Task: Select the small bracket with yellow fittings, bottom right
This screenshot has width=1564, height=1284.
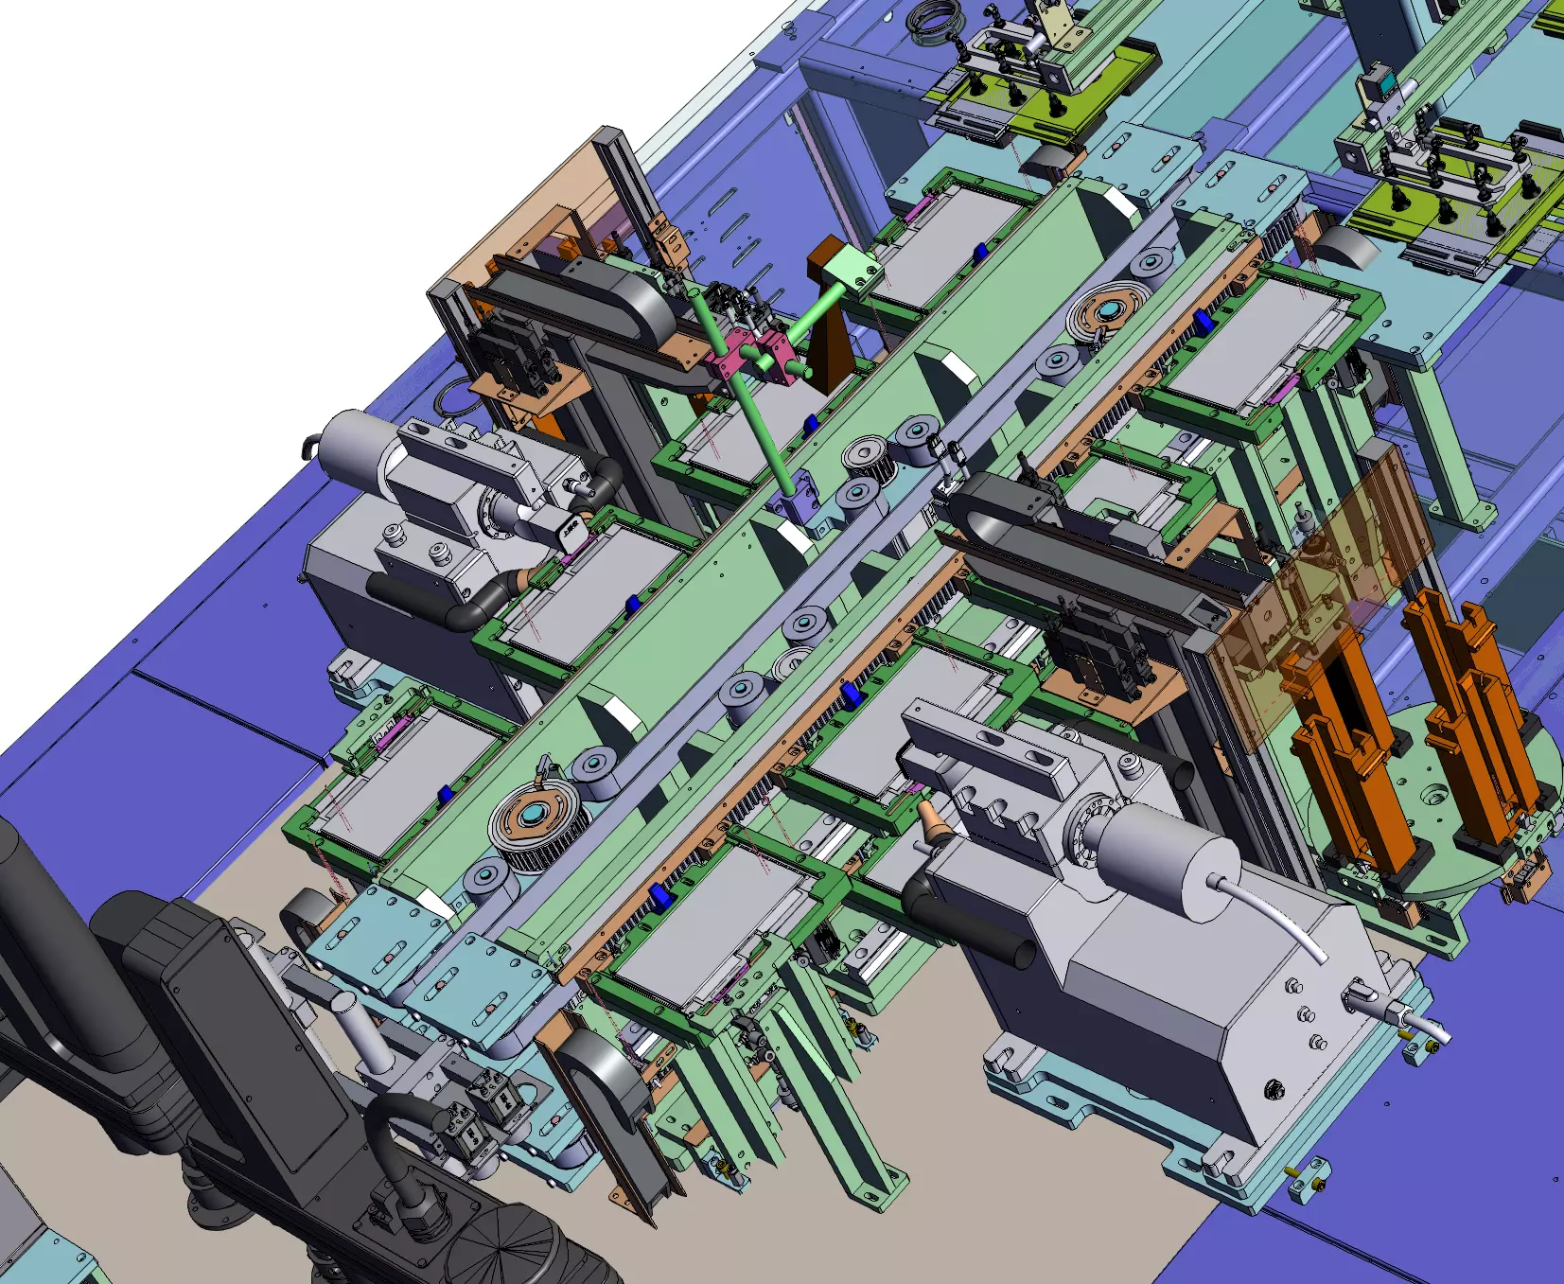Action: tap(1309, 1179)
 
